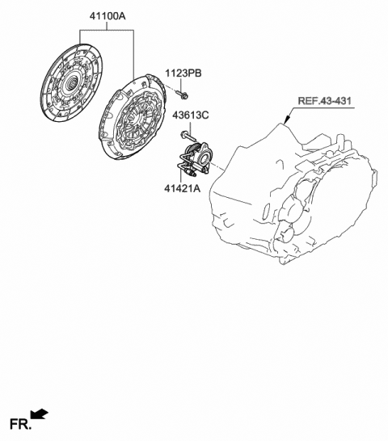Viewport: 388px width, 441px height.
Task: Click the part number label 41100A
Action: (x=108, y=16)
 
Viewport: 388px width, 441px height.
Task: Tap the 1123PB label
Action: (x=183, y=73)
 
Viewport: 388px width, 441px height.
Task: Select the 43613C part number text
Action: (x=191, y=115)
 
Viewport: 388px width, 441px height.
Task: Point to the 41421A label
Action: (x=183, y=188)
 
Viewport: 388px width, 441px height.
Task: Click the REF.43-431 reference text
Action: (x=325, y=101)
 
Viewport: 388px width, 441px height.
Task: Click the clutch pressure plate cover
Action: (x=132, y=117)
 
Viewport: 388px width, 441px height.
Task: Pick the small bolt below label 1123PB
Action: (x=182, y=94)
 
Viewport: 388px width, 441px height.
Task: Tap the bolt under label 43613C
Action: (x=188, y=136)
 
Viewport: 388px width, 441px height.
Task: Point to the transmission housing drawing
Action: (x=293, y=194)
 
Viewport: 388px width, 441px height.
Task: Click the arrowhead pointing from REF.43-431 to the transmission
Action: (x=287, y=120)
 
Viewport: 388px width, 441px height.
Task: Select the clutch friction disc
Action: (x=72, y=83)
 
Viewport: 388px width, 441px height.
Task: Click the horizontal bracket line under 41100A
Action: (x=107, y=30)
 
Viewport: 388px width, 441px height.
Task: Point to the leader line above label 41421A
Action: (x=180, y=174)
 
